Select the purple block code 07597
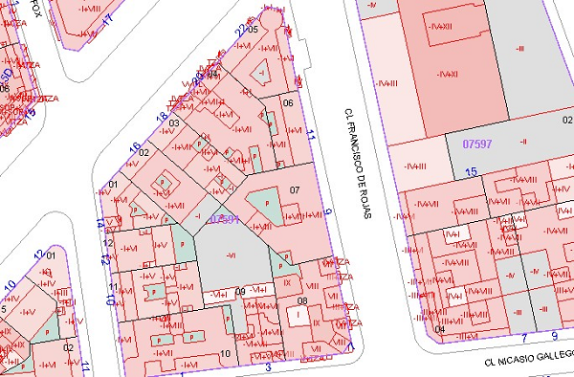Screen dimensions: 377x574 tap(476, 144)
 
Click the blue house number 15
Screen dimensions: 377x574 tap(470, 171)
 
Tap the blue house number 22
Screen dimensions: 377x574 tap(239, 32)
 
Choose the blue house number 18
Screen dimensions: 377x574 tap(162, 117)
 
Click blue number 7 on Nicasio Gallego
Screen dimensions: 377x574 tap(525, 338)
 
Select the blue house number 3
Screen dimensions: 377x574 tap(269, 366)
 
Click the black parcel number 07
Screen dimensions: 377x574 tap(295, 189)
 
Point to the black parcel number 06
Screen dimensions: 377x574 tap(287, 102)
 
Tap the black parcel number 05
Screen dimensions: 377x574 tap(254, 30)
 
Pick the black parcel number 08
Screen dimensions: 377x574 tap(302, 301)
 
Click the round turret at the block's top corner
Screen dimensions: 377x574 tap(273, 19)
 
